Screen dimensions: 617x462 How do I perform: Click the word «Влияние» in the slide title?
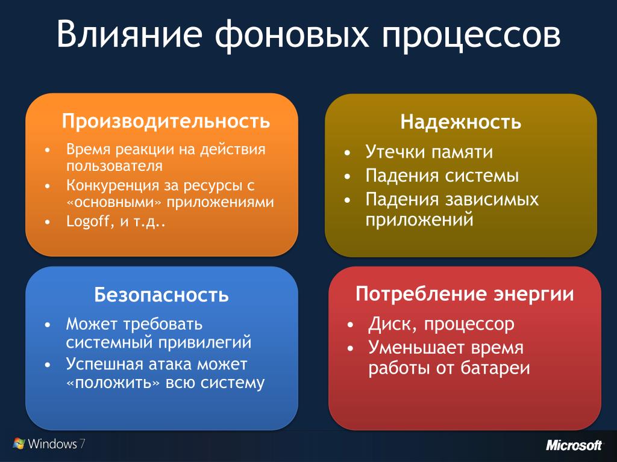tap(129, 34)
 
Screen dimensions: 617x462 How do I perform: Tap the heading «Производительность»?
tap(166, 120)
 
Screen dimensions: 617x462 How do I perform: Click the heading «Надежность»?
tap(461, 122)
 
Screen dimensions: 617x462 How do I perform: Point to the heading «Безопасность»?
tap(161, 294)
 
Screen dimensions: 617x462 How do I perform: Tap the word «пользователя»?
tap(114, 166)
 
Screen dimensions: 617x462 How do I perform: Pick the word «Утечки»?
tap(393, 152)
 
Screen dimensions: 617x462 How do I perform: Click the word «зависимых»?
tap(492, 199)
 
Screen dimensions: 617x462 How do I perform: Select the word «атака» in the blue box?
tap(170, 365)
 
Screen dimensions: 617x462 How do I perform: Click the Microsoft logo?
tap(574, 445)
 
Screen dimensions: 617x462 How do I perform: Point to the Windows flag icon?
tap(19, 443)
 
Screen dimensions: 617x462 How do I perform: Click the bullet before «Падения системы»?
tap(347, 177)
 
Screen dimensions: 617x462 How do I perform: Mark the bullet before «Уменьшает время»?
tap(351, 349)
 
